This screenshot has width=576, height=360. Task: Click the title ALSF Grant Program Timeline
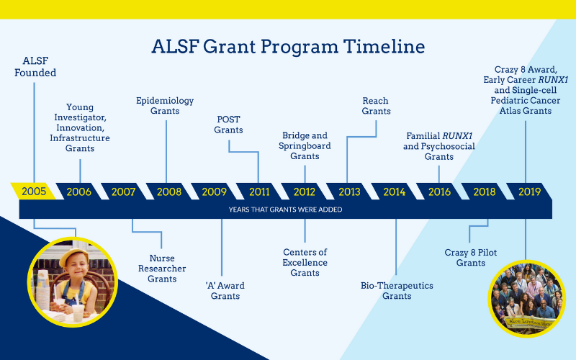(288, 47)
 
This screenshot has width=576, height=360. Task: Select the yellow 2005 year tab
(34, 192)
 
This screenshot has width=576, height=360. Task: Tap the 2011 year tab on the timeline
(259, 192)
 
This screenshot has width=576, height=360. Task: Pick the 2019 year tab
(529, 192)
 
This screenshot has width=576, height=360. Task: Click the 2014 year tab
(394, 192)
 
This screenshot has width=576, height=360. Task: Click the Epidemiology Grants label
(165, 106)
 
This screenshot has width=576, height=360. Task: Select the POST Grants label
(228, 125)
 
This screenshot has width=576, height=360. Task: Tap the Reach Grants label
(376, 106)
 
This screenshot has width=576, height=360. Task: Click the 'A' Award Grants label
(225, 291)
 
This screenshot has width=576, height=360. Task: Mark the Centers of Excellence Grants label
(305, 262)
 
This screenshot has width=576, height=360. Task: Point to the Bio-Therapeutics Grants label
(397, 291)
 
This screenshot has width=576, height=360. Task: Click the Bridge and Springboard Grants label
(305, 145)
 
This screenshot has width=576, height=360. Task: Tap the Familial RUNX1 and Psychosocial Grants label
(439, 146)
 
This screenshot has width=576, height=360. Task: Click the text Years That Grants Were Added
(285, 210)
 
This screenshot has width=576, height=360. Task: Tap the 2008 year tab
(169, 192)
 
